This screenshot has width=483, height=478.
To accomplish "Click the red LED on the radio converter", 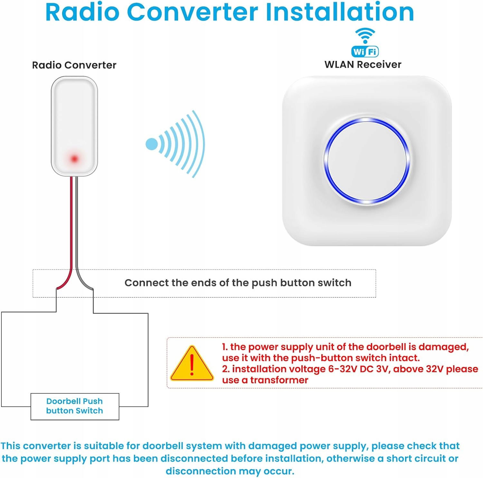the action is coord(74,159).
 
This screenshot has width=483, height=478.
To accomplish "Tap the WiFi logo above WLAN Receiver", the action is coord(365,42).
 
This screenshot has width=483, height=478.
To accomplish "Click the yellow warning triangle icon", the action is coord(192,363).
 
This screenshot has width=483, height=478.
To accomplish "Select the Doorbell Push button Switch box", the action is coord(75,406).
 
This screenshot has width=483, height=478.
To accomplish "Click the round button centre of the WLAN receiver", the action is coord(367,161).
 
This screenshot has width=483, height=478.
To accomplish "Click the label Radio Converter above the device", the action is coord(74,65).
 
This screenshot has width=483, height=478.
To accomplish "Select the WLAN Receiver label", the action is coord(363,64).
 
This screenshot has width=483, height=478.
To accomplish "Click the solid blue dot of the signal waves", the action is coord(152,144).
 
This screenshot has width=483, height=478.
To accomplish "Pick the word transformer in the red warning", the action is coord(279,380).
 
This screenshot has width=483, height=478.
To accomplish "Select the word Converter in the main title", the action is coord(193,12).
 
